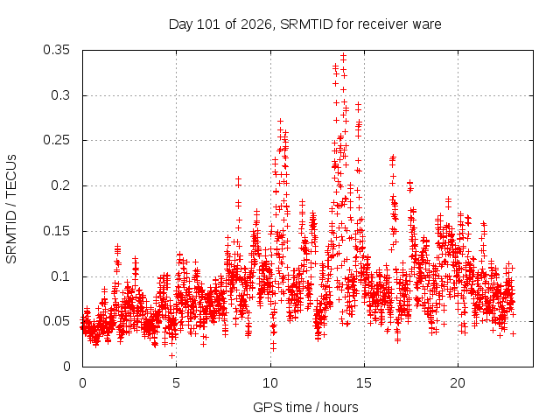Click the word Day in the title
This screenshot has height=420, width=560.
[x=181, y=24]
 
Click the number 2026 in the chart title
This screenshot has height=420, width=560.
[x=256, y=24]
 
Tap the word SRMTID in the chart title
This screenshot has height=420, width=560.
[x=306, y=24]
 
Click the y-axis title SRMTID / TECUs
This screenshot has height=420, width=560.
[x=11, y=209]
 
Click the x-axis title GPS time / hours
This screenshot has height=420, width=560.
[x=305, y=407]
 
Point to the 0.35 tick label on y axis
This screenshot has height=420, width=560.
[x=56, y=50]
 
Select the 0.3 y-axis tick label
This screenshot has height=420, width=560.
[x=60, y=95]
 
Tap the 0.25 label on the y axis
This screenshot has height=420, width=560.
[x=56, y=140]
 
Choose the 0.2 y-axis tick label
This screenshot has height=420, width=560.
[x=60, y=185]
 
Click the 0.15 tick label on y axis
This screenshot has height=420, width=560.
[x=56, y=231]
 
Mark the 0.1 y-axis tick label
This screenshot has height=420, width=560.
[x=60, y=276]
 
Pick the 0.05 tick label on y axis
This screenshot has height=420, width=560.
[x=56, y=321]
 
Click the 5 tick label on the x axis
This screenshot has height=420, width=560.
[x=176, y=383]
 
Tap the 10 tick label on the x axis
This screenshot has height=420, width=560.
[x=270, y=383]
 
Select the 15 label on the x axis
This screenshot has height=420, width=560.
[x=364, y=383]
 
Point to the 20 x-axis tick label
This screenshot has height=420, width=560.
[x=458, y=383]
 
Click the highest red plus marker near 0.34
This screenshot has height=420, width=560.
[x=344, y=55]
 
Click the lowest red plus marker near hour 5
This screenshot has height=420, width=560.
[x=171, y=356]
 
